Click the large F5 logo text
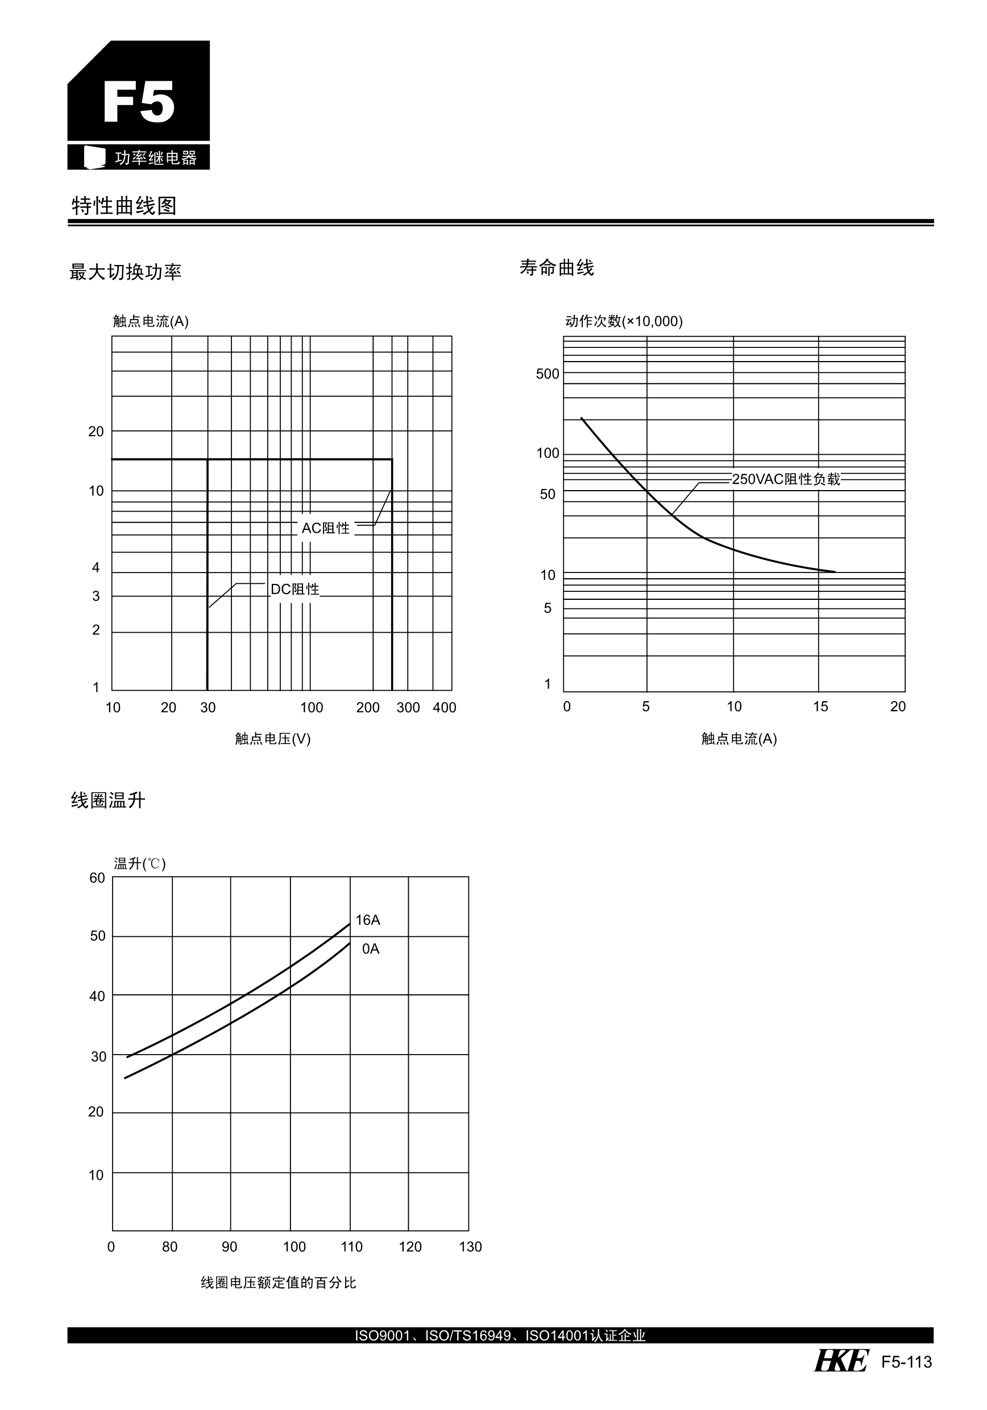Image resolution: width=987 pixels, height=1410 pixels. coord(139,102)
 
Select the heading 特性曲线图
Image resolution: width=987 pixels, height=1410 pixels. coord(124,206)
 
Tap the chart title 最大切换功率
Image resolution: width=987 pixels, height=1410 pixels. coord(125,272)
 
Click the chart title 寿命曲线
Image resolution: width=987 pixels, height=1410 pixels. coord(557,268)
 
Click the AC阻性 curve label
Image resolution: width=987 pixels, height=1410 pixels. coord(326,528)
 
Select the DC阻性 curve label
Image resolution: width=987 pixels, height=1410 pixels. coord(295,590)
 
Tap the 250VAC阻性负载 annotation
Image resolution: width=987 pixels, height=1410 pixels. coord(786,479)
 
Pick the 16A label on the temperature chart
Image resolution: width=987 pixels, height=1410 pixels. coord(368,920)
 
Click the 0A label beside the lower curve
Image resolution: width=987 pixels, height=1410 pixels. coord(370,949)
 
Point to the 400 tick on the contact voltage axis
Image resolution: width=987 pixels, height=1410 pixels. coord(444,707)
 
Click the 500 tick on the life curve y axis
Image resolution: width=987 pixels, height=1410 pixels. coord(548,374)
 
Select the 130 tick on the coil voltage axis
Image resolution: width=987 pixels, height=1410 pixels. coord(470,1247)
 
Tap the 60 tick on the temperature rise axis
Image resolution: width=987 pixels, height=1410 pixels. coord(97,878)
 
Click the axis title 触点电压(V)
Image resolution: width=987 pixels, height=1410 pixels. coord(273,739)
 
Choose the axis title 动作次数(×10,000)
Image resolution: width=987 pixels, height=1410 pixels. coord(623,321)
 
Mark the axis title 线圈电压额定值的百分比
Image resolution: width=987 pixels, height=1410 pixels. coord(278,1282)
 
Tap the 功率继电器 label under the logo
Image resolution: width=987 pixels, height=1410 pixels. coord(155,158)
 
